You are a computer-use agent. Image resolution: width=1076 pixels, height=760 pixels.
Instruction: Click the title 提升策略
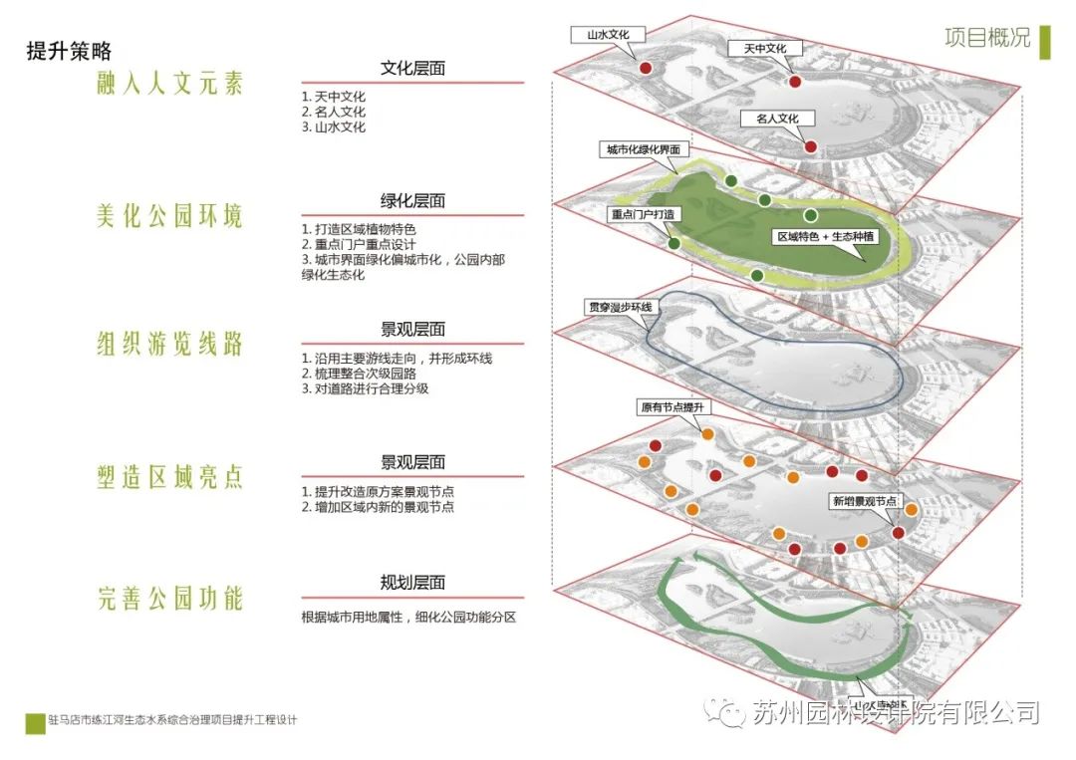[x=69, y=52]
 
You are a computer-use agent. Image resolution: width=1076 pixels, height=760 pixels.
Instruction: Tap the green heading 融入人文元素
[x=169, y=84]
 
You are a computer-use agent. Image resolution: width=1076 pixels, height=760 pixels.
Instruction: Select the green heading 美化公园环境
[x=169, y=215]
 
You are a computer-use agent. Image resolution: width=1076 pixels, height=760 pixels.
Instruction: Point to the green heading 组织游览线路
[x=169, y=345]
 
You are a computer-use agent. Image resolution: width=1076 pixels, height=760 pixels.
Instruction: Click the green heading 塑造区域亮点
[x=169, y=477]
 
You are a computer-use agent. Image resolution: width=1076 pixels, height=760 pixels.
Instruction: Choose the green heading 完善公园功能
[x=169, y=599]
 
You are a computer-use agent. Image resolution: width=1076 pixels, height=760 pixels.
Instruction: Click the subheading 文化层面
[x=412, y=69]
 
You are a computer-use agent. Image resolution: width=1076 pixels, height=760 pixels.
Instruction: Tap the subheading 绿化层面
[x=412, y=200]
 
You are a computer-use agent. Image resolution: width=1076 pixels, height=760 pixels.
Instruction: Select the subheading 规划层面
[x=412, y=583]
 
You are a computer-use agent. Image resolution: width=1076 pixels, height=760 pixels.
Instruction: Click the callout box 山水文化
[x=609, y=34]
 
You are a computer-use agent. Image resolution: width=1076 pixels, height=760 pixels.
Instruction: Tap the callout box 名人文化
[x=777, y=118]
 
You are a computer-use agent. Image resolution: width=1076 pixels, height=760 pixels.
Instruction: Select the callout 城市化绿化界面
[x=645, y=149]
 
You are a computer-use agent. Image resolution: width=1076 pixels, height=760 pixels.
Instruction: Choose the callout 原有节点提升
[x=672, y=408]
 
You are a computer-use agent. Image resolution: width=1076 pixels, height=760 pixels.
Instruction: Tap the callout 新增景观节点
[x=864, y=501]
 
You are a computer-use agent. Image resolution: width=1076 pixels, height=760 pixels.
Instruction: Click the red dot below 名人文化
[x=810, y=146]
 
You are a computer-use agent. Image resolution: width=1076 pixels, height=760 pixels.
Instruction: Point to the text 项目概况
[x=987, y=38]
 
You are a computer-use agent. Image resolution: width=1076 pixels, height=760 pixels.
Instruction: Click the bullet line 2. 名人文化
[x=334, y=113]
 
